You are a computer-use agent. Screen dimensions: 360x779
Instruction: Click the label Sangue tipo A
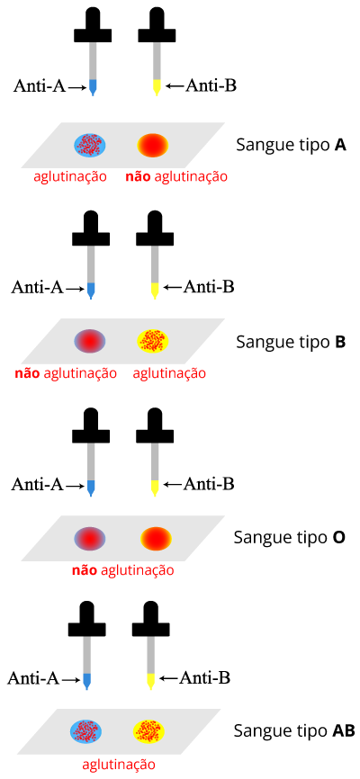click(291, 146)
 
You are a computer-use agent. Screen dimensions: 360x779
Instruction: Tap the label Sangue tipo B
click(291, 343)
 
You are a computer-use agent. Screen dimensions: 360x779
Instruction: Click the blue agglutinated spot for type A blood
click(90, 144)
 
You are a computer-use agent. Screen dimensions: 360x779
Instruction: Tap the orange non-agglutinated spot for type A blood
click(153, 144)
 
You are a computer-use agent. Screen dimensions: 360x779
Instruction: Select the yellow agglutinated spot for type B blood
click(153, 341)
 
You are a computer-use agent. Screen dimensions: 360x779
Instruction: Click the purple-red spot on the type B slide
click(90, 341)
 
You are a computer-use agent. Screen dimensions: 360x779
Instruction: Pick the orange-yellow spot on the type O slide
click(156, 538)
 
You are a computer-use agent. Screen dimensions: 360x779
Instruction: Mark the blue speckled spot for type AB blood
click(86, 731)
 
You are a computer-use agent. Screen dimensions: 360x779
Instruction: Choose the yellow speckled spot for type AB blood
click(148, 731)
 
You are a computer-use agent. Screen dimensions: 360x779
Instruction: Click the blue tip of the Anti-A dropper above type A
click(93, 87)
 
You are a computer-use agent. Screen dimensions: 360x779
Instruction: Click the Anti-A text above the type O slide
click(37, 484)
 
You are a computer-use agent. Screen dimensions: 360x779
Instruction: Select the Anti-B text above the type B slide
click(209, 287)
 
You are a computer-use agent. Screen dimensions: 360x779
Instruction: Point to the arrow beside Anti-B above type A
click(174, 86)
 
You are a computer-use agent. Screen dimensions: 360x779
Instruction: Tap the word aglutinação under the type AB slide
click(119, 764)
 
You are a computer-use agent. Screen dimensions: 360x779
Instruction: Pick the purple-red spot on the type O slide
click(90, 538)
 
